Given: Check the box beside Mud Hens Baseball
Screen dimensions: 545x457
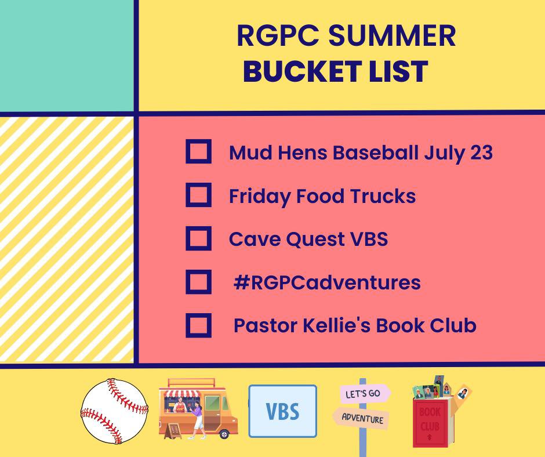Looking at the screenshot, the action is coord(198,151).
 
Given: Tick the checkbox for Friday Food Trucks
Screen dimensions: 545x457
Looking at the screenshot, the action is coord(198,195).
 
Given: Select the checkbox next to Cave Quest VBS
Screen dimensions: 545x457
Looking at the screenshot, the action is coord(198,238).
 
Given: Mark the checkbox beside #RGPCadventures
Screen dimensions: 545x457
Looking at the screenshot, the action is coord(198,282).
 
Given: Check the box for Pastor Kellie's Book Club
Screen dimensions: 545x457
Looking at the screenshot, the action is coord(198,325).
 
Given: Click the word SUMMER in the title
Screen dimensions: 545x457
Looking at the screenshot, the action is coord(392,35).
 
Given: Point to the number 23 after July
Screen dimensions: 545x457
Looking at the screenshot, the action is coord(481,153).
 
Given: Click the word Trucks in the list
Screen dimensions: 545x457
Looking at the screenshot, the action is coord(383,196).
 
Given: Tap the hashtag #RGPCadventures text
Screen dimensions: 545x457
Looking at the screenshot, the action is coord(327,282).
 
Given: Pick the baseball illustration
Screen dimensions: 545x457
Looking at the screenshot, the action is coord(114,411).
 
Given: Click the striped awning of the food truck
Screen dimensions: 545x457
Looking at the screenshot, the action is coord(182,394).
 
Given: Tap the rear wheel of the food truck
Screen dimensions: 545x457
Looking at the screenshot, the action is coord(224,434).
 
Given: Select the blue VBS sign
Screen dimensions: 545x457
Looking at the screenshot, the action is coord(282,411).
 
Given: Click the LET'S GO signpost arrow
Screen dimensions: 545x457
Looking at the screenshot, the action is coord(365,394).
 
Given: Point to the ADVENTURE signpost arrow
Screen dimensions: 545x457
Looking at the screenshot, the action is coord(361,418).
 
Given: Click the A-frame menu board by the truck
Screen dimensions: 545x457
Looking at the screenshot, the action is coord(173,431).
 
